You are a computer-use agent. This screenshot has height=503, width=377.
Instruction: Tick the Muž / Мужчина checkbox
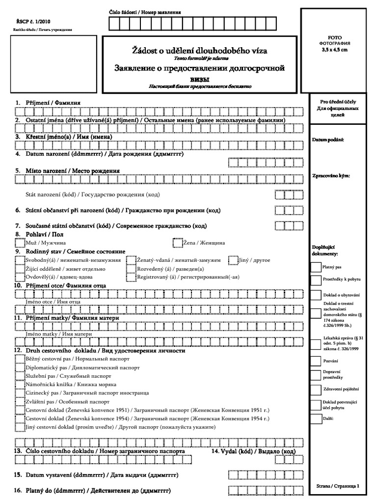click(x=19, y=243)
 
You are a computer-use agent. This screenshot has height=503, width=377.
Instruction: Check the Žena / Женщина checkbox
click(x=177, y=243)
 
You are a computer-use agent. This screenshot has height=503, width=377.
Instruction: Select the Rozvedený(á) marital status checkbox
click(x=131, y=269)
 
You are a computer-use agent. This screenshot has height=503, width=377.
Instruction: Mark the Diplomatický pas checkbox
click(x=19, y=367)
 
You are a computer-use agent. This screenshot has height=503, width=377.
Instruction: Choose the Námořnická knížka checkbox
click(x=19, y=384)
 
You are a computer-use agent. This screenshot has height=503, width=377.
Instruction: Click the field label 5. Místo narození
click(x=67, y=170)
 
